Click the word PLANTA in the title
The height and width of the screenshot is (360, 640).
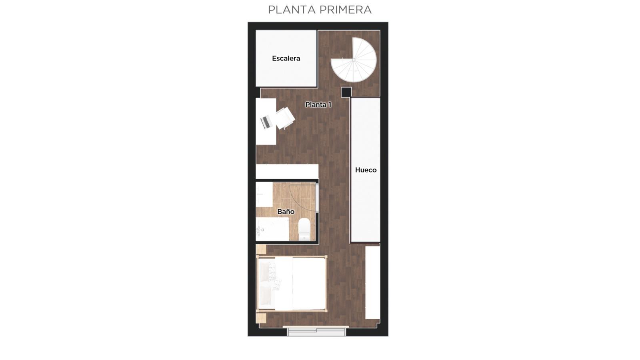tap(292, 10)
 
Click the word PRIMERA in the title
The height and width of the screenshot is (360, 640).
tap(346, 10)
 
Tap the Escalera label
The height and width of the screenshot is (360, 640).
tap(286, 58)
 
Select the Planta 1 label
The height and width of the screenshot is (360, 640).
tap(318, 104)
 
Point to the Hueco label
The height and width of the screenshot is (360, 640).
tap(366, 170)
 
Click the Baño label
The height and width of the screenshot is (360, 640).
tap(286, 212)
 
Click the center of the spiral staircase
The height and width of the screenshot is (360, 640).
tap(354, 60)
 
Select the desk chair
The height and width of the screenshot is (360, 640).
tap(285, 118)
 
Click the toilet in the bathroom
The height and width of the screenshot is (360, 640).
tap(304, 229)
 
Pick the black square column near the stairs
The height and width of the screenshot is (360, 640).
tap(346, 92)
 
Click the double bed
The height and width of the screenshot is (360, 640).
tap(292, 284)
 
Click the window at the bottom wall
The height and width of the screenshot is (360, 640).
tap(316, 331)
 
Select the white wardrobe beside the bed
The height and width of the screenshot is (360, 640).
tap(373, 282)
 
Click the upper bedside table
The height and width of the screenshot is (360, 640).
tap(261, 250)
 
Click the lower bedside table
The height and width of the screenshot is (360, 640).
tap(261, 318)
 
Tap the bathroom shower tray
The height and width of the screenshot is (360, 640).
tap(272, 229)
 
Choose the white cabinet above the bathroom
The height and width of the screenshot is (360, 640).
tap(287, 172)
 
